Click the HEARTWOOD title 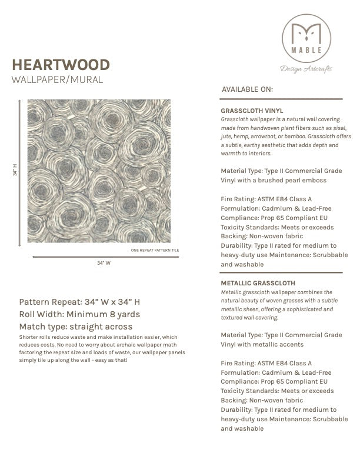[61, 64]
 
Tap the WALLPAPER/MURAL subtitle [57, 79]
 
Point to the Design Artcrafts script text [306, 69]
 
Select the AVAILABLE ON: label [247, 89]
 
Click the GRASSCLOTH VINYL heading [252, 110]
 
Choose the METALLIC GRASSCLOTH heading [258, 283]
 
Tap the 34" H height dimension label [15, 170]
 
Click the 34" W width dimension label [104, 263]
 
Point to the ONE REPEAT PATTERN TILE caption [155, 251]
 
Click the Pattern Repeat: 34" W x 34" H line [79, 302]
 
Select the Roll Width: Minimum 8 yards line [79, 314]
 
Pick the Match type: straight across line [76, 327]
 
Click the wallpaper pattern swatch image [99, 171]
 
